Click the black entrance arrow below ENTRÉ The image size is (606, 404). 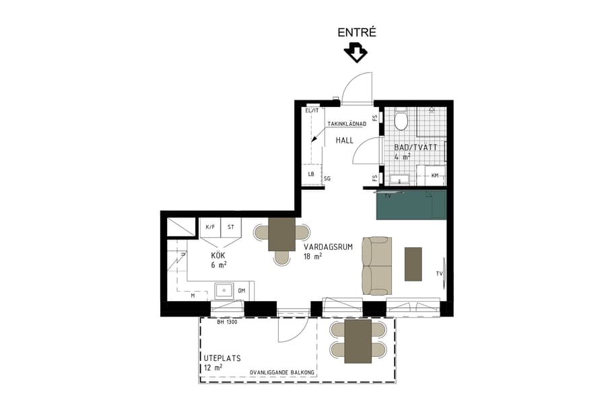pos(355,53)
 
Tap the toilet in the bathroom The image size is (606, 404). pos(401,121)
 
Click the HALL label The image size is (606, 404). pos(345,140)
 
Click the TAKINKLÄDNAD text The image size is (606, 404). pos(347,124)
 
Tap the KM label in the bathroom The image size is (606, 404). pos(435,176)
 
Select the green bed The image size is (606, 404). pos(411,205)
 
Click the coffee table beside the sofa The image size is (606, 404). pos(413,264)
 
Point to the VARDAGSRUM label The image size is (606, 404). pos(328,246)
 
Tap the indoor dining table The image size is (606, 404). pos(281,234)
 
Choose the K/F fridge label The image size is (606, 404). pos(209,228)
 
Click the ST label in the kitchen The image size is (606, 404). pos(231,228)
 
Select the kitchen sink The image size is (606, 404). pos(224,291)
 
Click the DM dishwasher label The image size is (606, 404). pos(242,291)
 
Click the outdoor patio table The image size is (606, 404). pos(358,341)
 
